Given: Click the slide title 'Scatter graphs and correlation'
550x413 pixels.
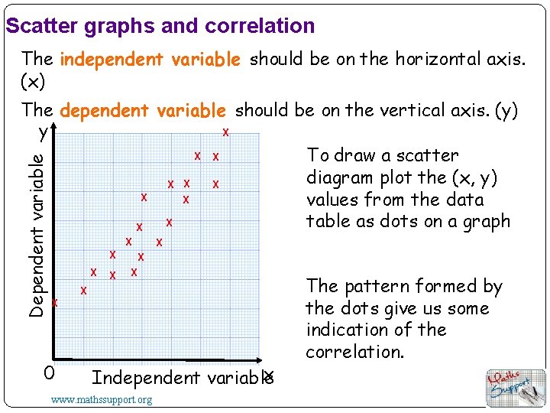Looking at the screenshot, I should point(160,26).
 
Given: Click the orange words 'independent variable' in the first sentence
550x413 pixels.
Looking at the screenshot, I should point(150,60).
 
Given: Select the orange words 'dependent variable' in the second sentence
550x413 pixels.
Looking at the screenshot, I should point(143,112).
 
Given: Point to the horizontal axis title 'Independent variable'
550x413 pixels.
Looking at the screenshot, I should point(180,377).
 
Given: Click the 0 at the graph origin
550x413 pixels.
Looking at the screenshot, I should point(47,373).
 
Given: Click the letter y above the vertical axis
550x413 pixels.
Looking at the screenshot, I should point(44,132).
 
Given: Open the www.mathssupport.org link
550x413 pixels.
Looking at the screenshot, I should point(101,399).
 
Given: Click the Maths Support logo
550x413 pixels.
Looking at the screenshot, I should point(516,387).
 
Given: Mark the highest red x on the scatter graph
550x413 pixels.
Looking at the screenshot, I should point(225,132).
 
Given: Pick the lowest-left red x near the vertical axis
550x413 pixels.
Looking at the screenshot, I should point(54,303).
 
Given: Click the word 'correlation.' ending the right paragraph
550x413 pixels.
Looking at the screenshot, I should point(354,352).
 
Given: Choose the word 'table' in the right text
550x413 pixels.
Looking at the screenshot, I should point(327,222).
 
